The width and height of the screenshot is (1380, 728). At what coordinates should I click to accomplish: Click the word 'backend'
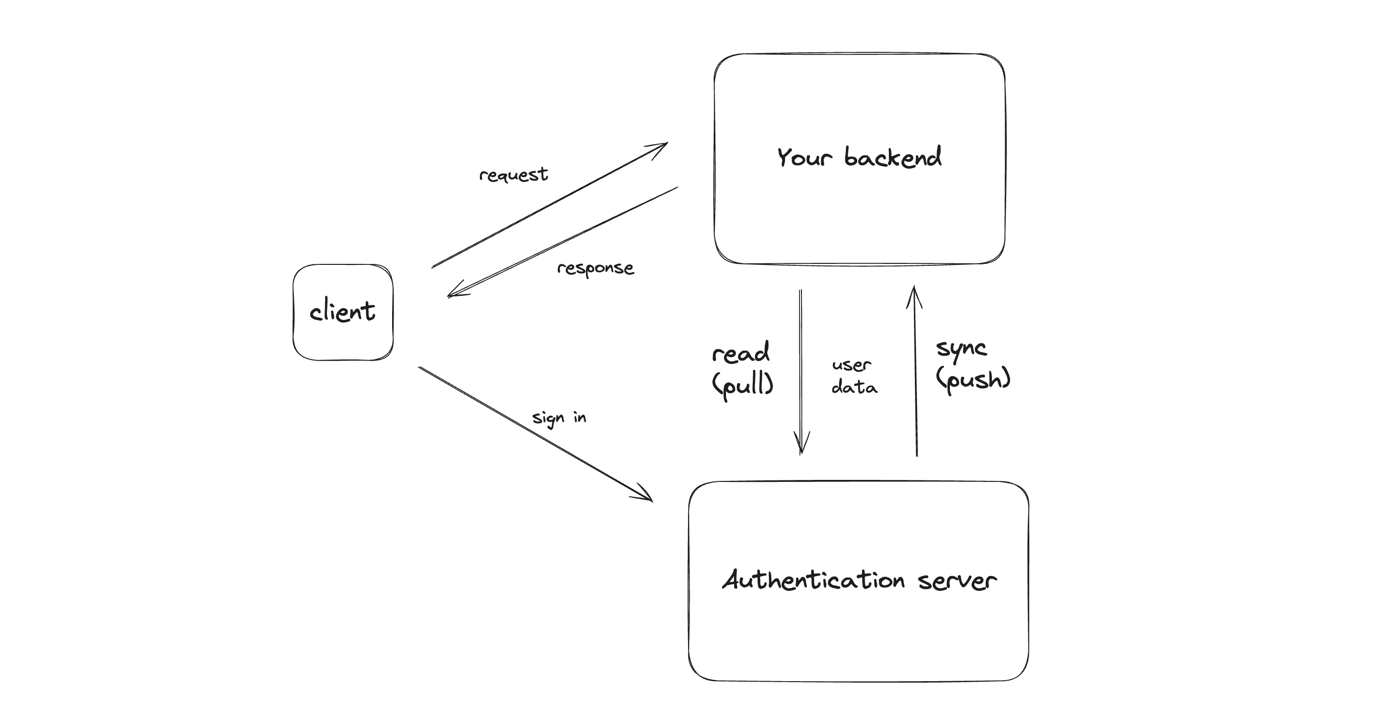click(x=893, y=157)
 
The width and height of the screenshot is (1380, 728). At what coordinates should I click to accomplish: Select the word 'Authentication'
click(x=813, y=580)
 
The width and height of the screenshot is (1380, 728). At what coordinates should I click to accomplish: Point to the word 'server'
click(x=957, y=581)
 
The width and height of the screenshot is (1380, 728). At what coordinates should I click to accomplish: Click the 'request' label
click(x=513, y=175)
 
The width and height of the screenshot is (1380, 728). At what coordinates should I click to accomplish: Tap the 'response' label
click(x=595, y=268)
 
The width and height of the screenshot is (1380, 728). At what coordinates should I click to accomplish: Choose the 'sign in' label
click(x=559, y=418)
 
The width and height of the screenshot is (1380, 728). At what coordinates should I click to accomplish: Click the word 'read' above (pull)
click(x=741, y=353)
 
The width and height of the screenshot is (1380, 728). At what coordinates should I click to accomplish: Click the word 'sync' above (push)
click(x=961, y=349)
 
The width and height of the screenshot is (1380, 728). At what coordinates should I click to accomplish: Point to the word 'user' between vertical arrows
click(x=851, y=365)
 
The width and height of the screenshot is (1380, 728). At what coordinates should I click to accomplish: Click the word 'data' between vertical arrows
click(x=854, y=387)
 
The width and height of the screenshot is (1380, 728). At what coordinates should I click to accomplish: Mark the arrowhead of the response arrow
click(x=453, y=293)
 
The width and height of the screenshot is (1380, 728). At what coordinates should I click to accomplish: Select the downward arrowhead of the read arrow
click(x=801, y=448)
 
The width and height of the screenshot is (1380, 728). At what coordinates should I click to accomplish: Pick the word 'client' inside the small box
click(x=343, y=312)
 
